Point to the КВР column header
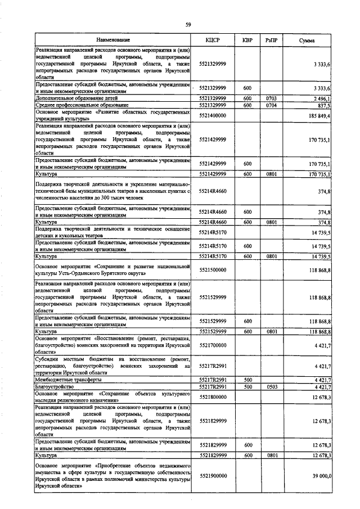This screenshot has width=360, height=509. [x=247, y=40]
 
